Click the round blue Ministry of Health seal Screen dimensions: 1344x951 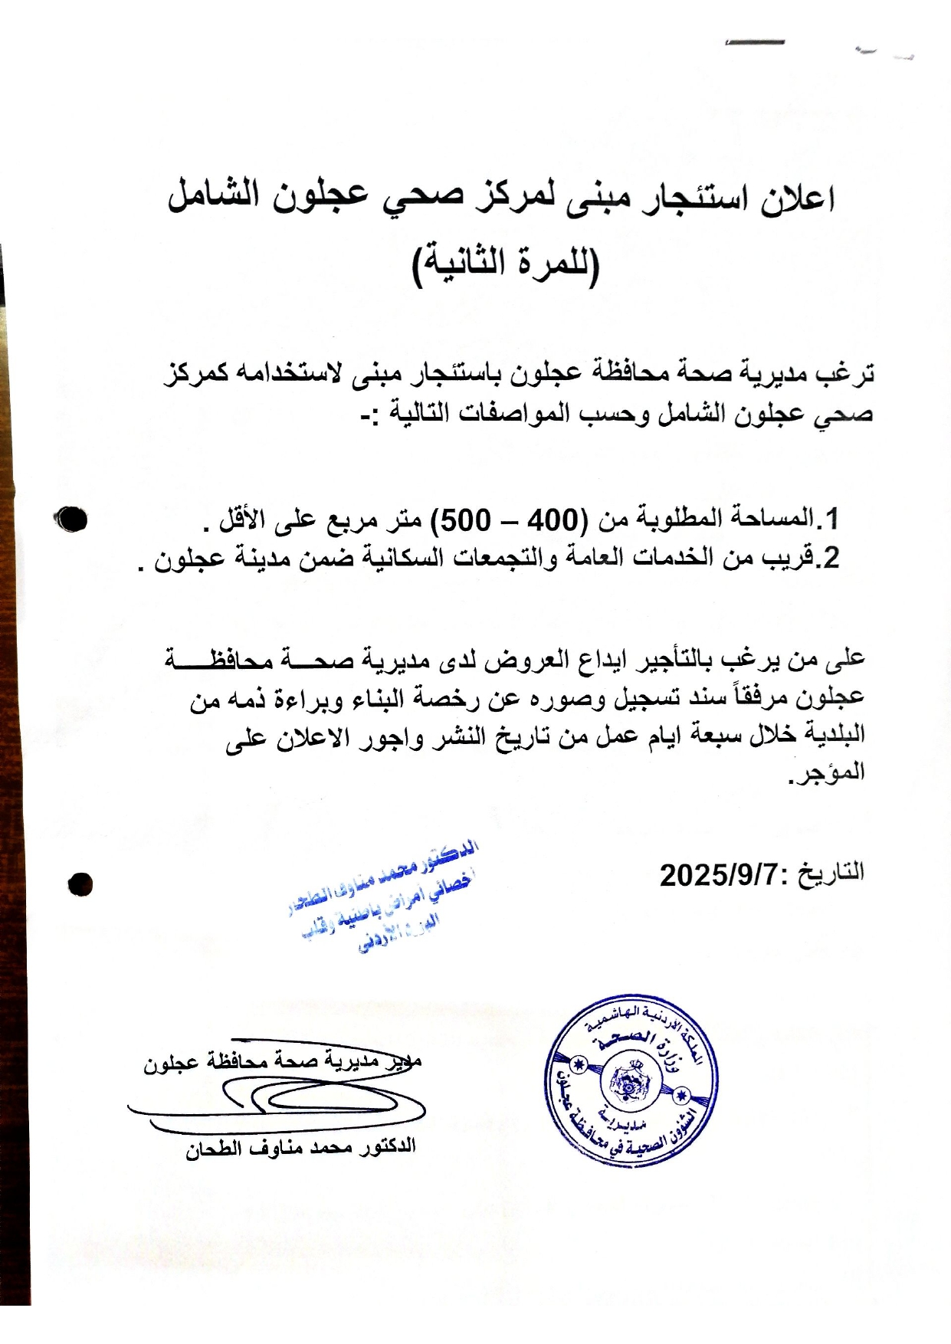tap(633, 1080)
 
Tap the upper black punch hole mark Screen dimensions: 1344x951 tap(71, 519)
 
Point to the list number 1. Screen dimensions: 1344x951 tap(831, 520)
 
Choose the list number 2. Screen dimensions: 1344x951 tap(831, 557)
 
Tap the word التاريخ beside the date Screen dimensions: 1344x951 tap(833, 873)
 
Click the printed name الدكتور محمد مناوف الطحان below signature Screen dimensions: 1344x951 tap(300, 1148)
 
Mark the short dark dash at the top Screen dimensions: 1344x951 tap(754, 42)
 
